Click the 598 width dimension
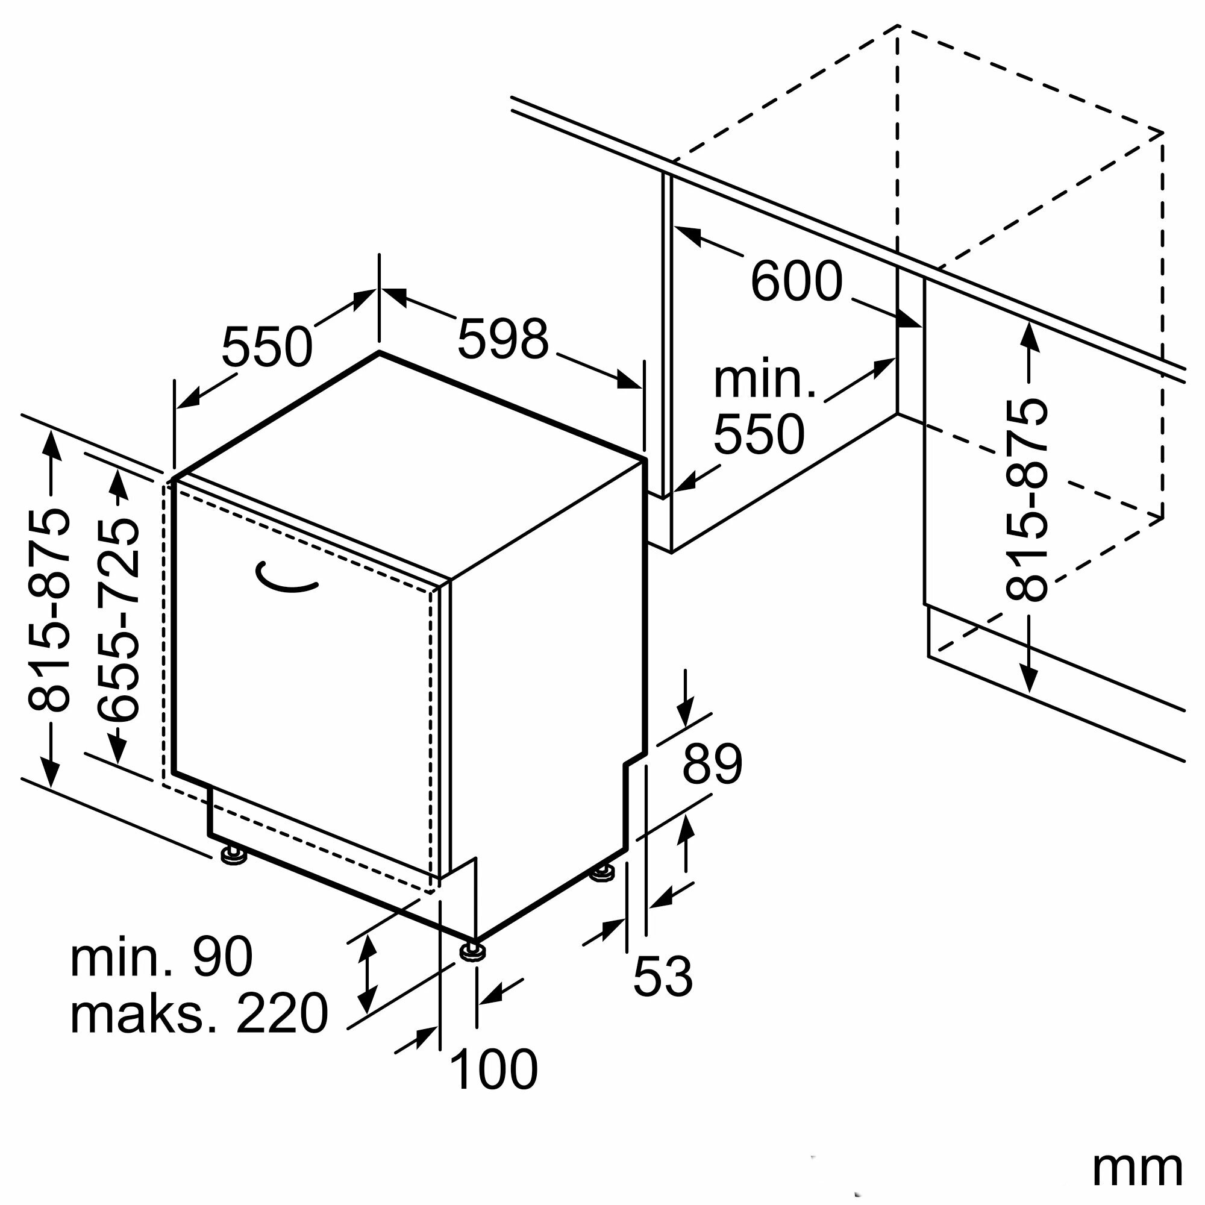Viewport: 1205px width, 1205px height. (x=502, y=339)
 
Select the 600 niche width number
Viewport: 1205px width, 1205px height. (x=796, y=281)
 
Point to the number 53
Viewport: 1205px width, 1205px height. (x=662, y=975)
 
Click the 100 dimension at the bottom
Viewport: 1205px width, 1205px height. (x=493, y=1069)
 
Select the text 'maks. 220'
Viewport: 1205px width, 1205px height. (x=198, y=1014)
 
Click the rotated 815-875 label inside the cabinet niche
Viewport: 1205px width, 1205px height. (x=1026, y=500)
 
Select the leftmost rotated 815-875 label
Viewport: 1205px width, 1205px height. (x=49, y=611)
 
